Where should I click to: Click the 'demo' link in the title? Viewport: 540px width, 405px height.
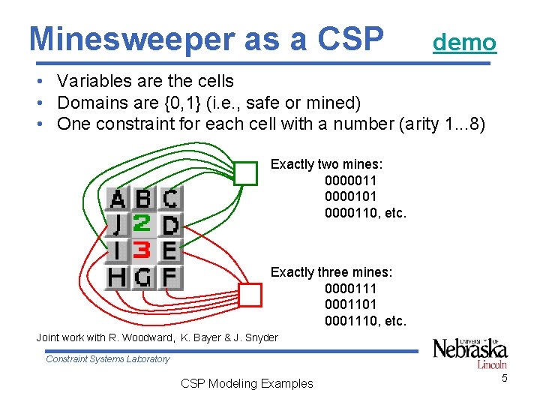(x=464, y=42)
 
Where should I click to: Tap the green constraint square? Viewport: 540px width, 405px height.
(x=245, y=173)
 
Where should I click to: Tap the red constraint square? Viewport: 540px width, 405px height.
(x=250, y=295)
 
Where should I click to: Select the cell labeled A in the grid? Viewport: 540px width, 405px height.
(x=118, y=199)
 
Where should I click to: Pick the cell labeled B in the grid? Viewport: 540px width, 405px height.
(x=143, y=199)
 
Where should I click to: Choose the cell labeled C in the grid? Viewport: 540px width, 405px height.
(x=170, y=199)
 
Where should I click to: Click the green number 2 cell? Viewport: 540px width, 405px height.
(x=143, y=224)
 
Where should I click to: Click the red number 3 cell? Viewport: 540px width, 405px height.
(x=143, y=250)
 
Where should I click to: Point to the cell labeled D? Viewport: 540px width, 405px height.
(x=170, y=224)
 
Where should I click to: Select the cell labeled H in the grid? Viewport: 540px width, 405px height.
(x=118, y=277)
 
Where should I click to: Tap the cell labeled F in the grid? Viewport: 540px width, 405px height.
(x=170, y=277)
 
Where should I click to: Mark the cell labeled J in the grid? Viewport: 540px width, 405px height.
(x=118, y=224)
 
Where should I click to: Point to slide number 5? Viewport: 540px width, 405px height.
(x=505, y=378)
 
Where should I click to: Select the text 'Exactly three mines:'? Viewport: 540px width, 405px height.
(x=331, y=272)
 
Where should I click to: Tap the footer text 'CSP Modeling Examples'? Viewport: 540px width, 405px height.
(x=247, y=383)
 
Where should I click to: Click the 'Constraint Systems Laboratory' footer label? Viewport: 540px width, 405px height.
(x=108, y=359)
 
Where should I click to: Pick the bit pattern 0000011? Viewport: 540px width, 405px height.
(x=350, y=181)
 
